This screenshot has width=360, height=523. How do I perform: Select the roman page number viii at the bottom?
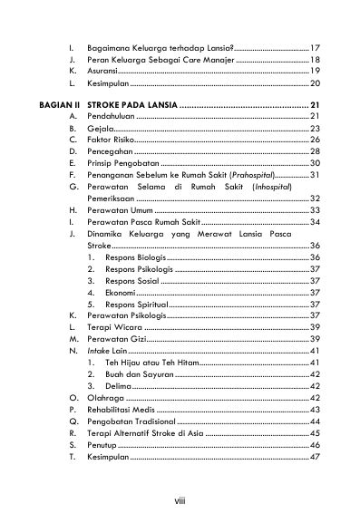coord(179,499)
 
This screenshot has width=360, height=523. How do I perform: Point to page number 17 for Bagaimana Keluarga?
coord(313,46)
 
